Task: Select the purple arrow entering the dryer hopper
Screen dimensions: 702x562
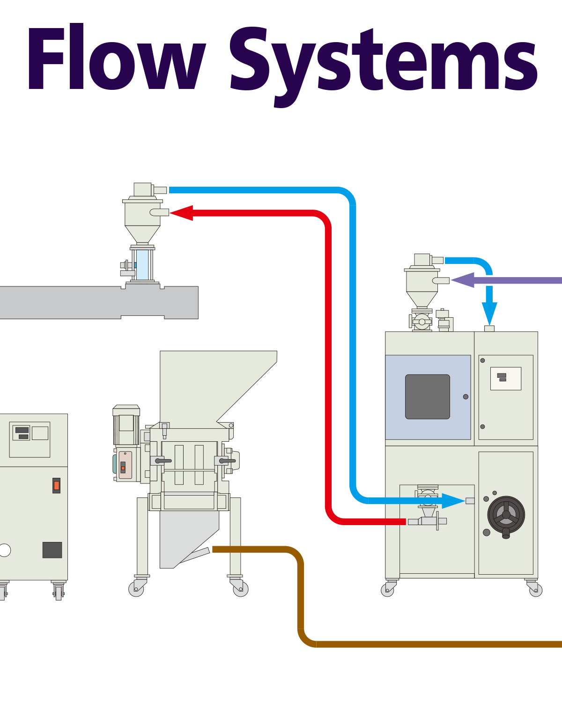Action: coord(506,280)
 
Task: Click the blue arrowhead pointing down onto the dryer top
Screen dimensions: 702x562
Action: coord(489,312)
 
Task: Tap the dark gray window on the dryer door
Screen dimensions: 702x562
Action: coord(427,396)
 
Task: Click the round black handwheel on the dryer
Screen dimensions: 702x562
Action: coord(506,515)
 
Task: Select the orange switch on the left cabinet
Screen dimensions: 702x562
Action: coord(56,485)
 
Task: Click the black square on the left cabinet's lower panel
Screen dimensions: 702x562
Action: coord(52,550)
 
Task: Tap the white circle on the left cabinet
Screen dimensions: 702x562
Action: coord(4,550)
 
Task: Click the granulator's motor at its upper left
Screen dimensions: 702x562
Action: coord(126,425)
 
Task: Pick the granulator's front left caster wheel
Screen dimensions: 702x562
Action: coord(136,589)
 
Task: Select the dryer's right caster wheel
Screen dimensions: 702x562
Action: coord(535,590)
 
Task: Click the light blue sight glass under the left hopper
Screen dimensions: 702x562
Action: coord(142,264)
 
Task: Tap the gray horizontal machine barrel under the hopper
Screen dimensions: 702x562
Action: coord(94,302)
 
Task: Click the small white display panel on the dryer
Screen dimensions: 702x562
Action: coord(505,378)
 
